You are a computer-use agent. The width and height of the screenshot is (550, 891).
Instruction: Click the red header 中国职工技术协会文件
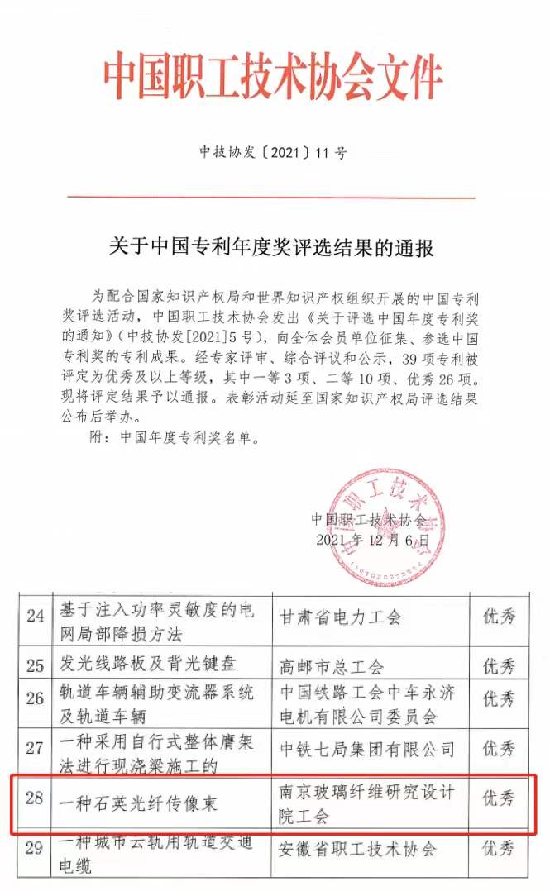click(273, 79)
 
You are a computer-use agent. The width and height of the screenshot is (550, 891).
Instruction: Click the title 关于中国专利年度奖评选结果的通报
click(272, 247)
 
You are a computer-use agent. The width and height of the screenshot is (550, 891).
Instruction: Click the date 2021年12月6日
click(373, 539)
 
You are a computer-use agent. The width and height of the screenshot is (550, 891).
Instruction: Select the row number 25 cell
click(36, 665)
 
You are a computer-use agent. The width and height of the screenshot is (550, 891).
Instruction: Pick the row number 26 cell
click(36, 698)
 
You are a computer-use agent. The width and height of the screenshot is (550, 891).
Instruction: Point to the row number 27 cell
click(36, 749)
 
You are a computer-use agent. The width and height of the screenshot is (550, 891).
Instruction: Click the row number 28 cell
click(36, 798)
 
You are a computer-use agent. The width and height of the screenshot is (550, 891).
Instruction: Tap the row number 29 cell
click(36, 848)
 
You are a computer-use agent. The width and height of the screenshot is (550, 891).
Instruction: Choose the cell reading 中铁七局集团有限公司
click(367, 749)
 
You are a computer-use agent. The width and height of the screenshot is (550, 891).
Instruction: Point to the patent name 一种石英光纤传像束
click(136, 800)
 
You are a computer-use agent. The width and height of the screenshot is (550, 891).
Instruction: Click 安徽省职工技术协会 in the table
click(358, 848)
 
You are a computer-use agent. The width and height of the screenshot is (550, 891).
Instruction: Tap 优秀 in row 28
click(499, 798)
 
